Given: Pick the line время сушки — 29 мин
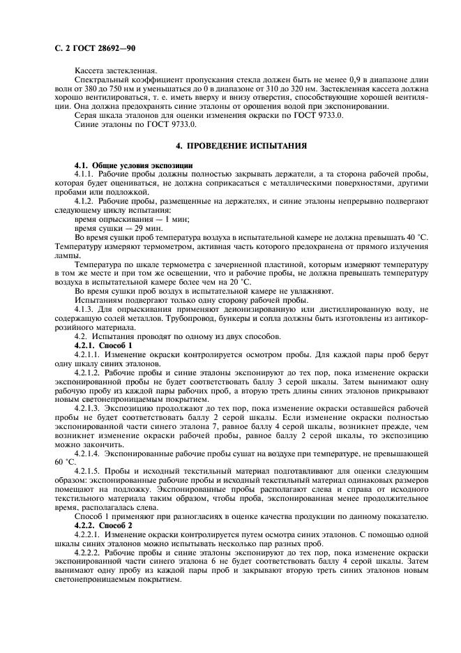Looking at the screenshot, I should (x=109, y=228).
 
